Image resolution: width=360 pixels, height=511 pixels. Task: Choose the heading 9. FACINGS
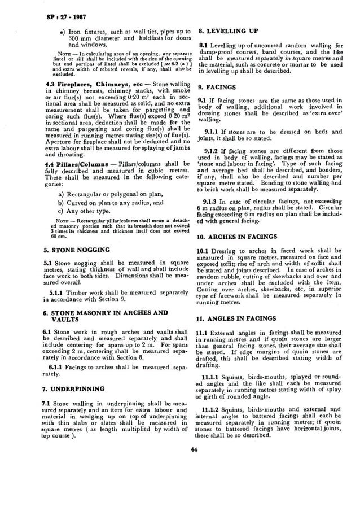tap(216, 88)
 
